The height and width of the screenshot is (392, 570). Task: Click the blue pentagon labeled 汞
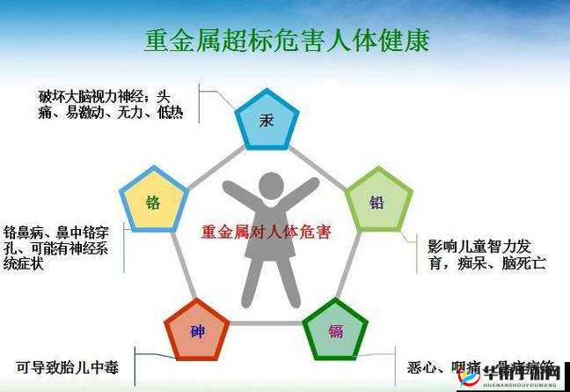coord(267,120)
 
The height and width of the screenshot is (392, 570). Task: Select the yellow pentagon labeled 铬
coord(154,202)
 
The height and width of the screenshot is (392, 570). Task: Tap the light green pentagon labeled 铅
coord(377,202)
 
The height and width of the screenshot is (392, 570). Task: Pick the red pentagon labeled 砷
coord(198,331)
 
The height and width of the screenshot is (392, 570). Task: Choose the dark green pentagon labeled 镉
coord(335,331)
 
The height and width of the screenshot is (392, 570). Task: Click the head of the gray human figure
coord(268,186)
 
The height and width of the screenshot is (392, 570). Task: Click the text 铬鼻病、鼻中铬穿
coord(55,233)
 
